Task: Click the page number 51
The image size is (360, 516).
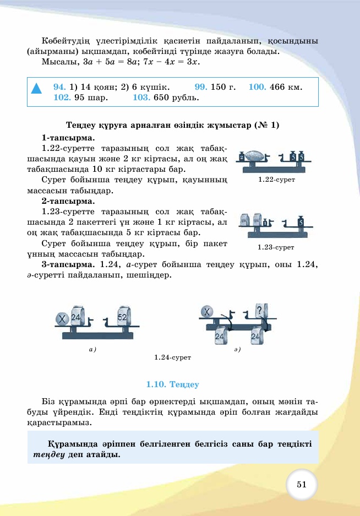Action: pyautogui.click(x=301, y=484)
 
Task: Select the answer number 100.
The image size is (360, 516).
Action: pyautogui.click(x=257, y=87)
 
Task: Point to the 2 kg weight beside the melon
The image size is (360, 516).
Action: pyautogui.click(x=242, y=157)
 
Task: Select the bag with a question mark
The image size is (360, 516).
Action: pyautogui.click(x=259, y=312)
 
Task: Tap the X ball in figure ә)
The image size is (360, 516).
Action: pyautogui.click(x=208, y=312)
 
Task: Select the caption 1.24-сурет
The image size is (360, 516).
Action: pyautogui.click(x=172, y=357)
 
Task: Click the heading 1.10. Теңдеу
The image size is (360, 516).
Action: pyautogui.click(x=172, y=384)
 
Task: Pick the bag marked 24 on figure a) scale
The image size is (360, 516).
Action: pyautogui.click(x=77, y=317)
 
